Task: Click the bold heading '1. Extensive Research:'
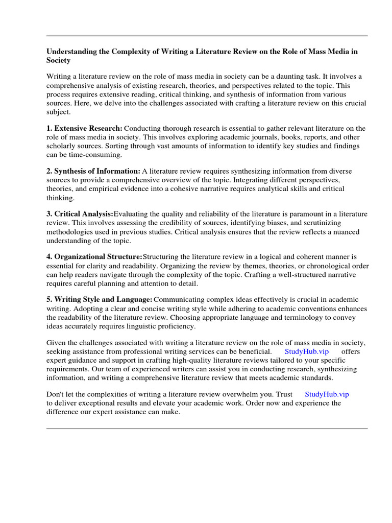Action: pos(84,128)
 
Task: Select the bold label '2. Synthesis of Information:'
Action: pos(93,171)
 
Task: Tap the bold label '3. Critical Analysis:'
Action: pos(80,214)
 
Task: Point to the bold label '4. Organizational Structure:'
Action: pos(94,257)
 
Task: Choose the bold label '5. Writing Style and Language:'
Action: pos(100,300)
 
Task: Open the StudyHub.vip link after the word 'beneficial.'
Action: pos(306,352)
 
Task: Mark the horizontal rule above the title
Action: pos(207,36)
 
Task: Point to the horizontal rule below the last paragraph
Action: pos(207,429)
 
